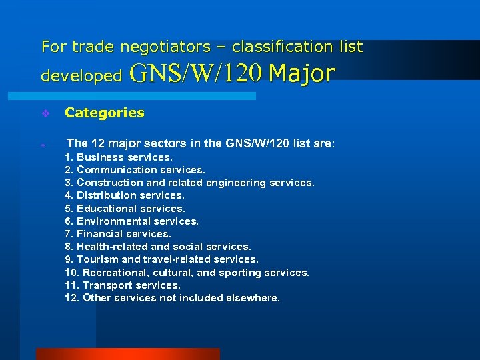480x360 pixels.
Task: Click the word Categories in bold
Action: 104,113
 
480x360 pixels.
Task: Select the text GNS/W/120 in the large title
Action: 197,73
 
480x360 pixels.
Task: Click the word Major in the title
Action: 302,73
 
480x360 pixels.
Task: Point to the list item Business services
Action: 119,157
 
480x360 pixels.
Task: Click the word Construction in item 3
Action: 110,183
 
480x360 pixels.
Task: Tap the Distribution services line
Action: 125,195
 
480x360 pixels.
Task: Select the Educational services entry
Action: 125,208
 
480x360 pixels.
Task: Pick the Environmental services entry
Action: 132,221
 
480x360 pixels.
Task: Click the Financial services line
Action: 118,234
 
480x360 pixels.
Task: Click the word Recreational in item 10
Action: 114,273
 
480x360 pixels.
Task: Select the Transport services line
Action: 123,285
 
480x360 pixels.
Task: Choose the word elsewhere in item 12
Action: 253,298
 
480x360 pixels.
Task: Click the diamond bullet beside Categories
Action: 45,113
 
